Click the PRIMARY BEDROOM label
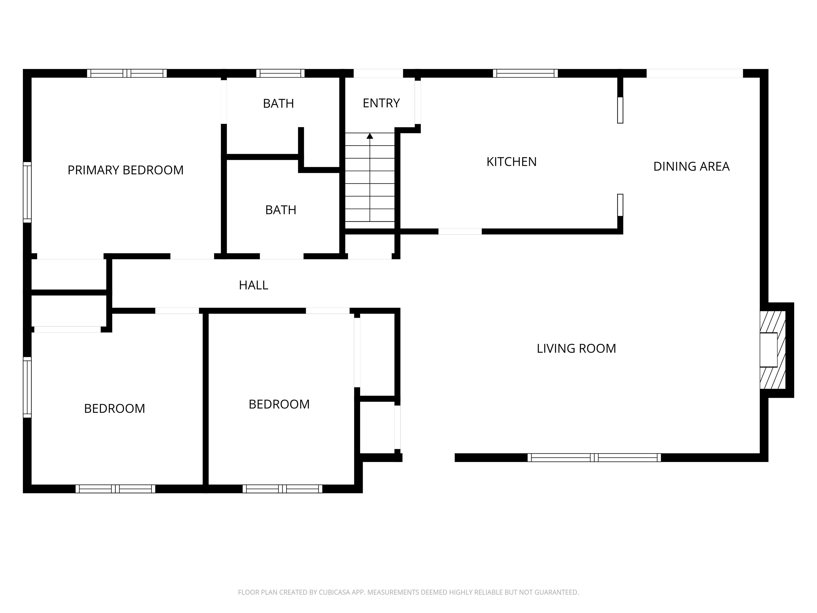[x=126, y=170]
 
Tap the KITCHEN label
[x=511, y=162]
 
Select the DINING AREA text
[x=691, y=167]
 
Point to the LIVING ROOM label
[x=576, y=349]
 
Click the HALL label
[x=253, y=285]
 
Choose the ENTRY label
[x=381, y=103]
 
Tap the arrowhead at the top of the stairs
[x=370, y=136]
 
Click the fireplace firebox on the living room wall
[x=768, y=350]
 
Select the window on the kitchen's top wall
[x=525, y=73]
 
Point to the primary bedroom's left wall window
[x=27, y=192]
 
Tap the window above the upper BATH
[x=280, y=73]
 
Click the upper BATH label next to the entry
[x=278, y=103]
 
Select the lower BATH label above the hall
[x=281, y=210]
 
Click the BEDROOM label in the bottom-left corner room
[x=115, y=409]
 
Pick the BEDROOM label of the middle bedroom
[x=279, y=404]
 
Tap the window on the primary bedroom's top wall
[x=127, y=73]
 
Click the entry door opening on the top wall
[x=378, y=73]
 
